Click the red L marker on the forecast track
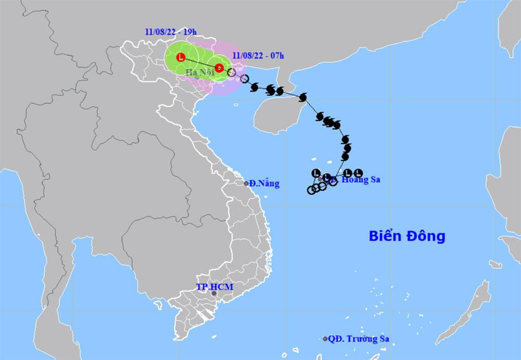pos(181,58)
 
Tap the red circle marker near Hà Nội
pos(219,68)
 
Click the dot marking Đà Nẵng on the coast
pos(247,183)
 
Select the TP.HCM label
pos(214,287)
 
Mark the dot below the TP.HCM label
pos(214,293)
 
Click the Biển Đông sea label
pos(407,237)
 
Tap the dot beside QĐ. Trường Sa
pos(325,339)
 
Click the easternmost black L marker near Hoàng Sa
pos(358,173)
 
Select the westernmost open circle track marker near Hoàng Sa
pos(311,190)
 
